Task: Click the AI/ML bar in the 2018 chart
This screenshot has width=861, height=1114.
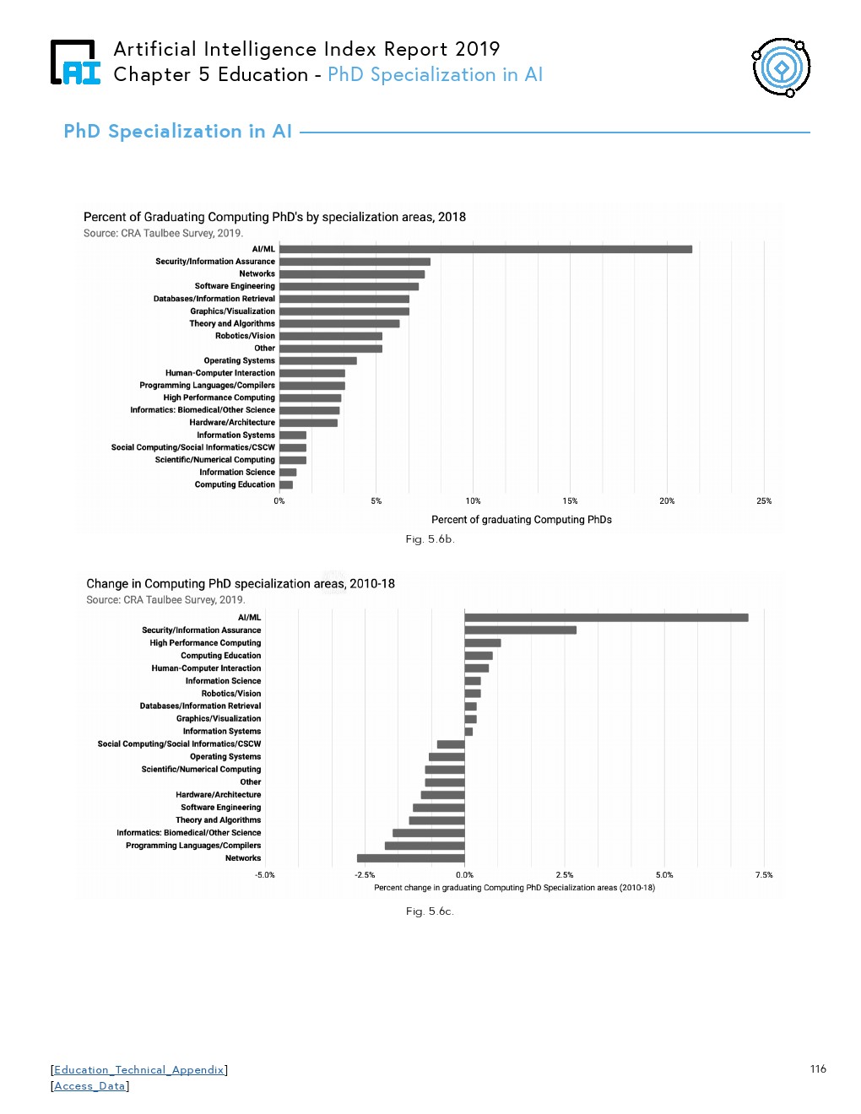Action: (485, 249)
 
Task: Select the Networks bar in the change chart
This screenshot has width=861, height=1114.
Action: (410, 858)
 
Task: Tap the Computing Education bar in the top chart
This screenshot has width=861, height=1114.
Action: (286, 485)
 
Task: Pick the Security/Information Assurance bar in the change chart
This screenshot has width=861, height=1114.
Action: (520, 630)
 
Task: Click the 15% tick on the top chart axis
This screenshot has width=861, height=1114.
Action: (570, 501)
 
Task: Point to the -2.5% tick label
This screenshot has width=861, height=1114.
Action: (365, 875)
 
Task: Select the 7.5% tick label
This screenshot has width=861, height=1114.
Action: (763, 875)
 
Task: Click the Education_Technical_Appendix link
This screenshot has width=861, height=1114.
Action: (139, 1070)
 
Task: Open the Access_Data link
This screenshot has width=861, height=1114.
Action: (89, 1086)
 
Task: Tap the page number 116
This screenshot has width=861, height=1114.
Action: (818, 1069)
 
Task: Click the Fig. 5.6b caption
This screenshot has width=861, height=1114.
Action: (430, 539)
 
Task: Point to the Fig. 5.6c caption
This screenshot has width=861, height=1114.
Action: (430, 911)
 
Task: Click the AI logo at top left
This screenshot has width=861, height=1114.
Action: (75, 62)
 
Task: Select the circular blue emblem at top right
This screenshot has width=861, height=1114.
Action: (782, 67)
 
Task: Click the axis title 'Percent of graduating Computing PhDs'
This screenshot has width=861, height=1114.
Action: (521, 520)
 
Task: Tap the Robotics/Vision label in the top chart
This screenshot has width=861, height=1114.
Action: (245, 336)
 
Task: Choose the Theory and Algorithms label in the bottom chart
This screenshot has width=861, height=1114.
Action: (218, 820)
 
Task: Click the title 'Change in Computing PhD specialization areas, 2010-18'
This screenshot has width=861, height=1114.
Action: (241, 584)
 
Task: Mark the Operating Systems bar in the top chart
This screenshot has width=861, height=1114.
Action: (317, 360)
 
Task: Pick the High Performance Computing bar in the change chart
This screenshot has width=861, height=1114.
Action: (482, 643)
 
